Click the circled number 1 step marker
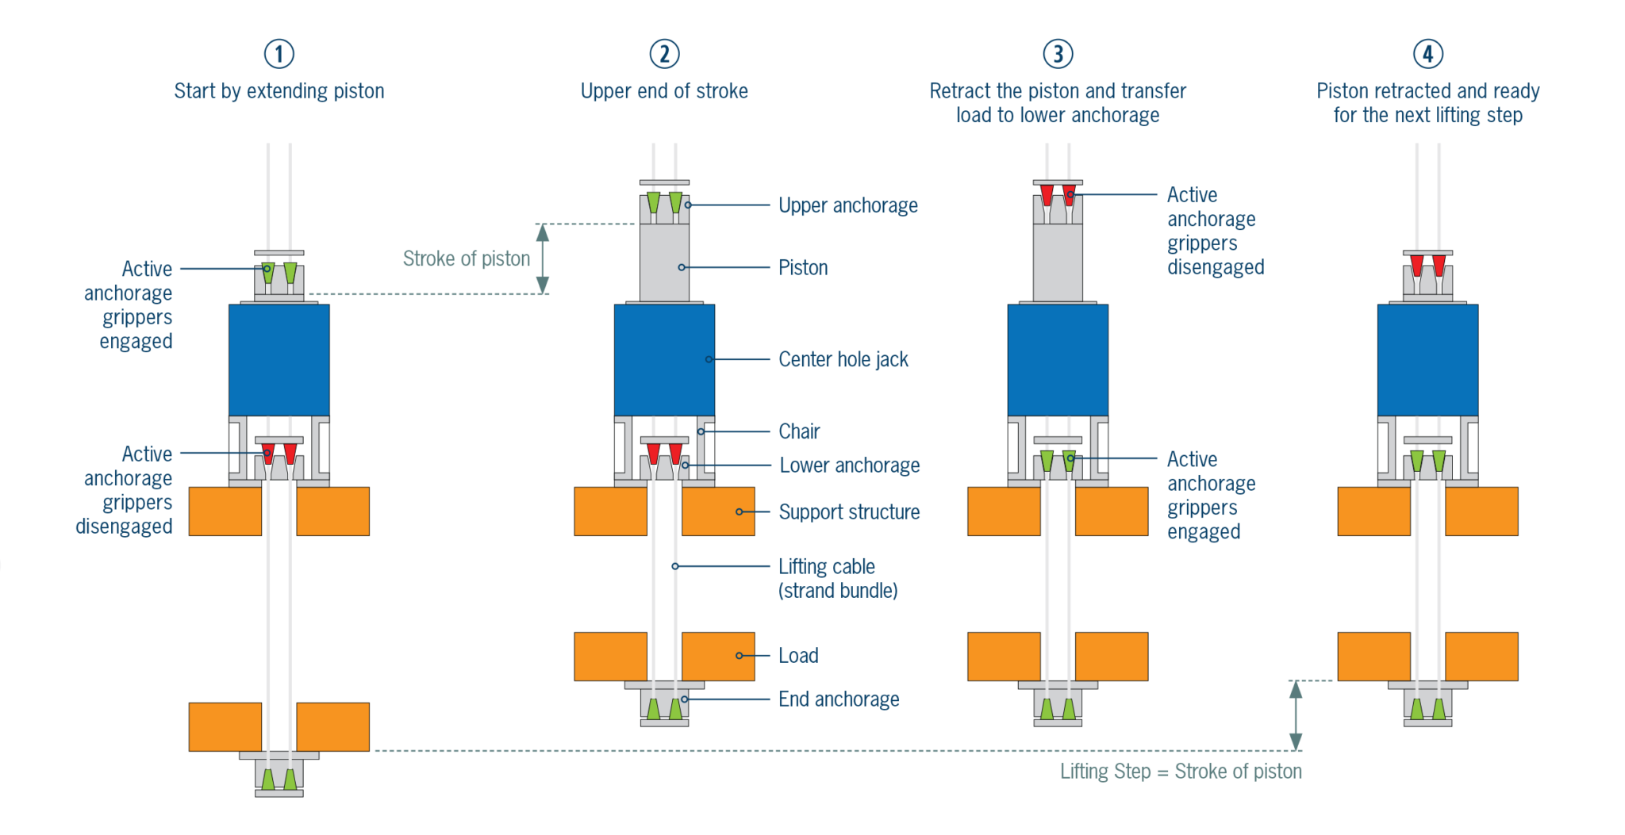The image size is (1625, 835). (x=279, y=54)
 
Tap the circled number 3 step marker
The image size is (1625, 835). (x=1058, y=54)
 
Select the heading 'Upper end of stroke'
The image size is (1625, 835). (x=664, y=91)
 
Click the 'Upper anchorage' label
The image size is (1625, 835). (x=847, y=205)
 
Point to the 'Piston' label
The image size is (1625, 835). (x=803, y=268)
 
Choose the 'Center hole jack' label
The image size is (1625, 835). (x=843, y=360)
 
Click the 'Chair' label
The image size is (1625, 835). (x=799, y=431)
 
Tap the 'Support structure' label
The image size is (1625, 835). (x=849, y=512)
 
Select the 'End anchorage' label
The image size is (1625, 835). (x=839, y=699)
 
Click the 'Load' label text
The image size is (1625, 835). (x=798, y=656)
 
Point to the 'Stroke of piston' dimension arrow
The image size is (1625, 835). (x=543, y=259)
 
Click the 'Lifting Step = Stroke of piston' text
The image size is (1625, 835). (x=1181, y=772)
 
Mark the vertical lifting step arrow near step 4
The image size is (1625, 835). (x=1296, y=715)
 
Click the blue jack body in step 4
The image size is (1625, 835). (x=1427, y=360)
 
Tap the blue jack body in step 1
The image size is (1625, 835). (x=279, y=360)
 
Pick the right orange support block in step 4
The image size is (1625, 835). (x=1481, y=511)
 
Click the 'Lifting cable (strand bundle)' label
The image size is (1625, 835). (x=837, y=579)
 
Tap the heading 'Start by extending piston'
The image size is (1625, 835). (x=279, y=91)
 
